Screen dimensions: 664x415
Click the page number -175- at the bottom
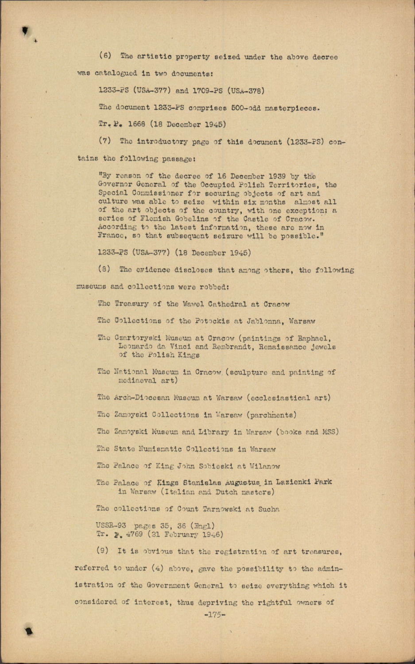[214, 614]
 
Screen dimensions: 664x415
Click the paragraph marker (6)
[105, 56]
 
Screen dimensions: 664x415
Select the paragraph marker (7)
[105, 142]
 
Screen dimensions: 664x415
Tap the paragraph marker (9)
[104, 552]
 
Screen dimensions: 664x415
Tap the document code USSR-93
[111, 526]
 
